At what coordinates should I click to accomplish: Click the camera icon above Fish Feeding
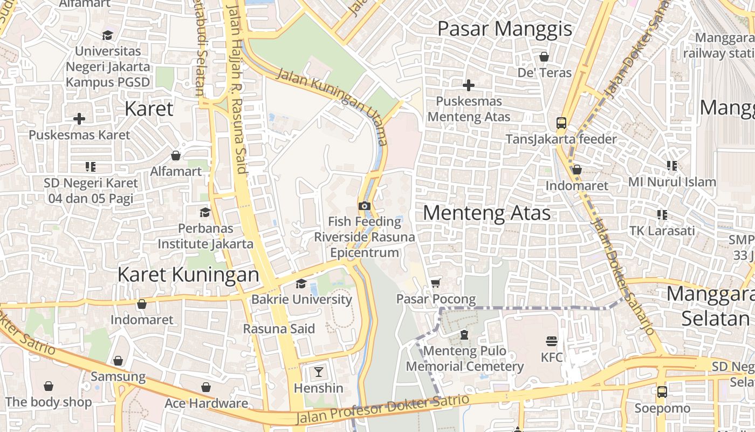pyautogui.click(x=365, y=206)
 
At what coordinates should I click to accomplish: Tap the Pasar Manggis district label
pyautogui.click(x=504, y=29)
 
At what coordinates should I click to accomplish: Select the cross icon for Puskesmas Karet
pyautogui.click(x=79, y=119)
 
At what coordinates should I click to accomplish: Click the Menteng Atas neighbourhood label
pyautogui.click(x=486, y=213)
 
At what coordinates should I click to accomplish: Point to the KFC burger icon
pyautogui.click(x=551, y=341)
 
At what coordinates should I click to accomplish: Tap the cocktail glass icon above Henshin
pyautogui.click(x=319, y=372)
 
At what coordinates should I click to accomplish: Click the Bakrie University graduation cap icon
pyautogui.click(x=301, y=284)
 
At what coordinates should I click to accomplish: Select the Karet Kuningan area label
pyautogui.click(x=188, y=274)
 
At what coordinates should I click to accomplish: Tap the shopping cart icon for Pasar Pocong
pyautogui.click(x=436, y=283)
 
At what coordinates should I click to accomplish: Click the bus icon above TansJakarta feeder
pyautogui.click(x=561, y=123)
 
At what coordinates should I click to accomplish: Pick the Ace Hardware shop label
pyautogui.click(x=206, y=403)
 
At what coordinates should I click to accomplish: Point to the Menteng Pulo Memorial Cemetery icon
pyautogui.click(x=464, y=335)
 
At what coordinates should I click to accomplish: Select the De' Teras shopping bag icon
pyautogui.click(x=544, y=57)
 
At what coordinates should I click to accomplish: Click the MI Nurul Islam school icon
pyautogui.click(x=671, y=166)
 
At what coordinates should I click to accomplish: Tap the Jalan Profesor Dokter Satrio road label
pyautogui.click(x=382, y=409)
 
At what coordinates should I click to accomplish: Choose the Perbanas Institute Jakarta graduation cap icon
pyautogui.click(x=205, y=213)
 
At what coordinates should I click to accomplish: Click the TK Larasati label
pyautogui.click(x=662, y=231)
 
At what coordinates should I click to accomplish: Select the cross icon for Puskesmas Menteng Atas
pyautogui.click(x=469, y=85)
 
